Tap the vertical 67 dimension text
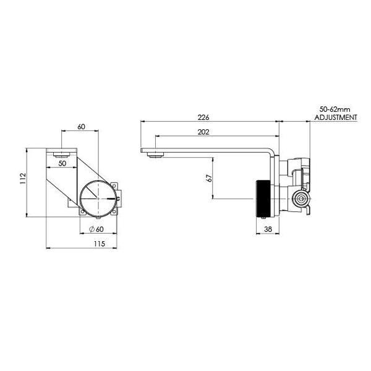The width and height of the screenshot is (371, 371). tap(210, 179)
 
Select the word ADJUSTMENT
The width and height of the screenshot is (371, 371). tap(336, 116)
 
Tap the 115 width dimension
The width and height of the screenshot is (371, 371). tap(98, 244)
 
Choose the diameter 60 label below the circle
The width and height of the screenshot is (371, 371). tap(96, 229)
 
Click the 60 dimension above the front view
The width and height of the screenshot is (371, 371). tap(82, 126)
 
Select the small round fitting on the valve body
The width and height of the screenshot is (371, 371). tap(301, 199)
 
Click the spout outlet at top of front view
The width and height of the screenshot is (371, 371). tap(60, 152)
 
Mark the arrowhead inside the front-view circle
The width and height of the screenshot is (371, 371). tap(111, 198)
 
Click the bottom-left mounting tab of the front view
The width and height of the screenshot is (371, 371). tap(80, 212)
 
